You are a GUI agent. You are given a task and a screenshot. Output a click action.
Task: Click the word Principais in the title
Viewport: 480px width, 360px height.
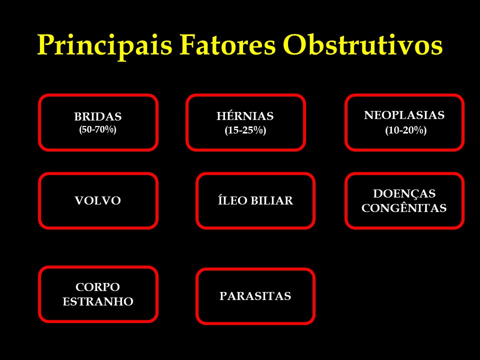pyautogui.click(x=104, y=45)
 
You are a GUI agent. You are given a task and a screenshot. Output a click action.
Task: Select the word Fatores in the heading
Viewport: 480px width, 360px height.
pyautogui.click(x=227, y=44)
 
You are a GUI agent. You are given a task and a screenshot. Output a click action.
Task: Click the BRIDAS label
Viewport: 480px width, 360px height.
pyautogui.click(x=98, y=116)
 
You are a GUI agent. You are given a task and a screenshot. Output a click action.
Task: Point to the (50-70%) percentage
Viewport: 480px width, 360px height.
pyautogui.click(x=97, y=129)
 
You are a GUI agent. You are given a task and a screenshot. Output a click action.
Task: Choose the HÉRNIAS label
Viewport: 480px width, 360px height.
pyautogui.click(x=245, y=115)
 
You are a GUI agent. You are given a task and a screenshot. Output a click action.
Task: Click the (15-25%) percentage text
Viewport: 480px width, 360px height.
pyautogui.click(x=245, y=130)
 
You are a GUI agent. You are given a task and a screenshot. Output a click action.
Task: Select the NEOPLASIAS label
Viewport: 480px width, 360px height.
pyautogui.click(x=404, y=115)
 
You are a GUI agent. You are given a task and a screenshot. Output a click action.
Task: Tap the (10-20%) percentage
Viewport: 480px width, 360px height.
pyautogui.click(x=406, y=130)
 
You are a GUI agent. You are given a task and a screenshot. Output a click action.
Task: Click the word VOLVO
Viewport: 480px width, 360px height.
pyautogui.click(x=98, y=200)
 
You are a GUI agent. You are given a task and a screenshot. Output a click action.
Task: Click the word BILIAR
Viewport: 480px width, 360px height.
pyautogui.click(x=272, y=200)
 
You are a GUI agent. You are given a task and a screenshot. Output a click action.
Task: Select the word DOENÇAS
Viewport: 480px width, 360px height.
pyautogui.click(x=404, y=194)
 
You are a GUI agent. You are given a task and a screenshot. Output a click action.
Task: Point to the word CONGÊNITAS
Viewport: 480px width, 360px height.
pyautogui.click(x=404, y=208)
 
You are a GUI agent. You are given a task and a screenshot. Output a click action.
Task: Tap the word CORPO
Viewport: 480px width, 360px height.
pyautogui.click(x=97, y=287)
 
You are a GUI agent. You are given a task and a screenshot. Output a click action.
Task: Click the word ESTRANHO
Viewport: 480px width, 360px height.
pyautogui.click(x=98, y=301)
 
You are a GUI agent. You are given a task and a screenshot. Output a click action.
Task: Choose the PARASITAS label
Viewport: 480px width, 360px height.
pyautogui.click(x=255, y=296)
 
